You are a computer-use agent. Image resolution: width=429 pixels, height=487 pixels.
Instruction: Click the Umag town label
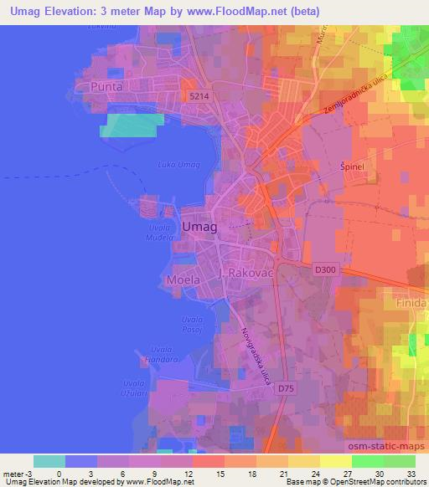point(199,227)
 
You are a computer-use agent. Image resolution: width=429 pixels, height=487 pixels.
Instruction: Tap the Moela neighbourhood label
point(183,280)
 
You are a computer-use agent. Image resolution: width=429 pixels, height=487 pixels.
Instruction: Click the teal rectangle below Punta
point(129,125)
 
